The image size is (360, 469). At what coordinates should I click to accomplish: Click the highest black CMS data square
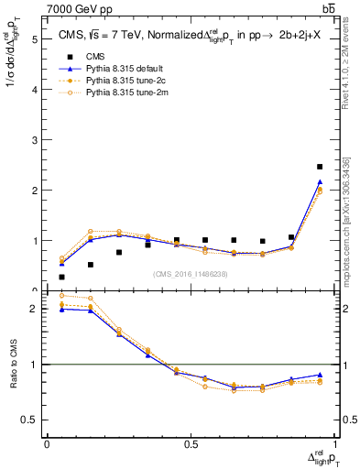pyautogui.click(x=319, y=167)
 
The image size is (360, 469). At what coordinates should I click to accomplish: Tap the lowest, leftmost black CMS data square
pyautogui.click(x=61, y=277)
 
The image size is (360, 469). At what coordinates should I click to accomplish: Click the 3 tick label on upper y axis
pyautogui.click(x=35, y=140)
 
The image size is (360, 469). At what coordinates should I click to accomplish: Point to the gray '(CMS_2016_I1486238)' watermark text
pyautogui.click(x=191, y=274)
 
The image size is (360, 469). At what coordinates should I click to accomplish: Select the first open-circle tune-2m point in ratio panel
pyautogui.click(x=61, y=295)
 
